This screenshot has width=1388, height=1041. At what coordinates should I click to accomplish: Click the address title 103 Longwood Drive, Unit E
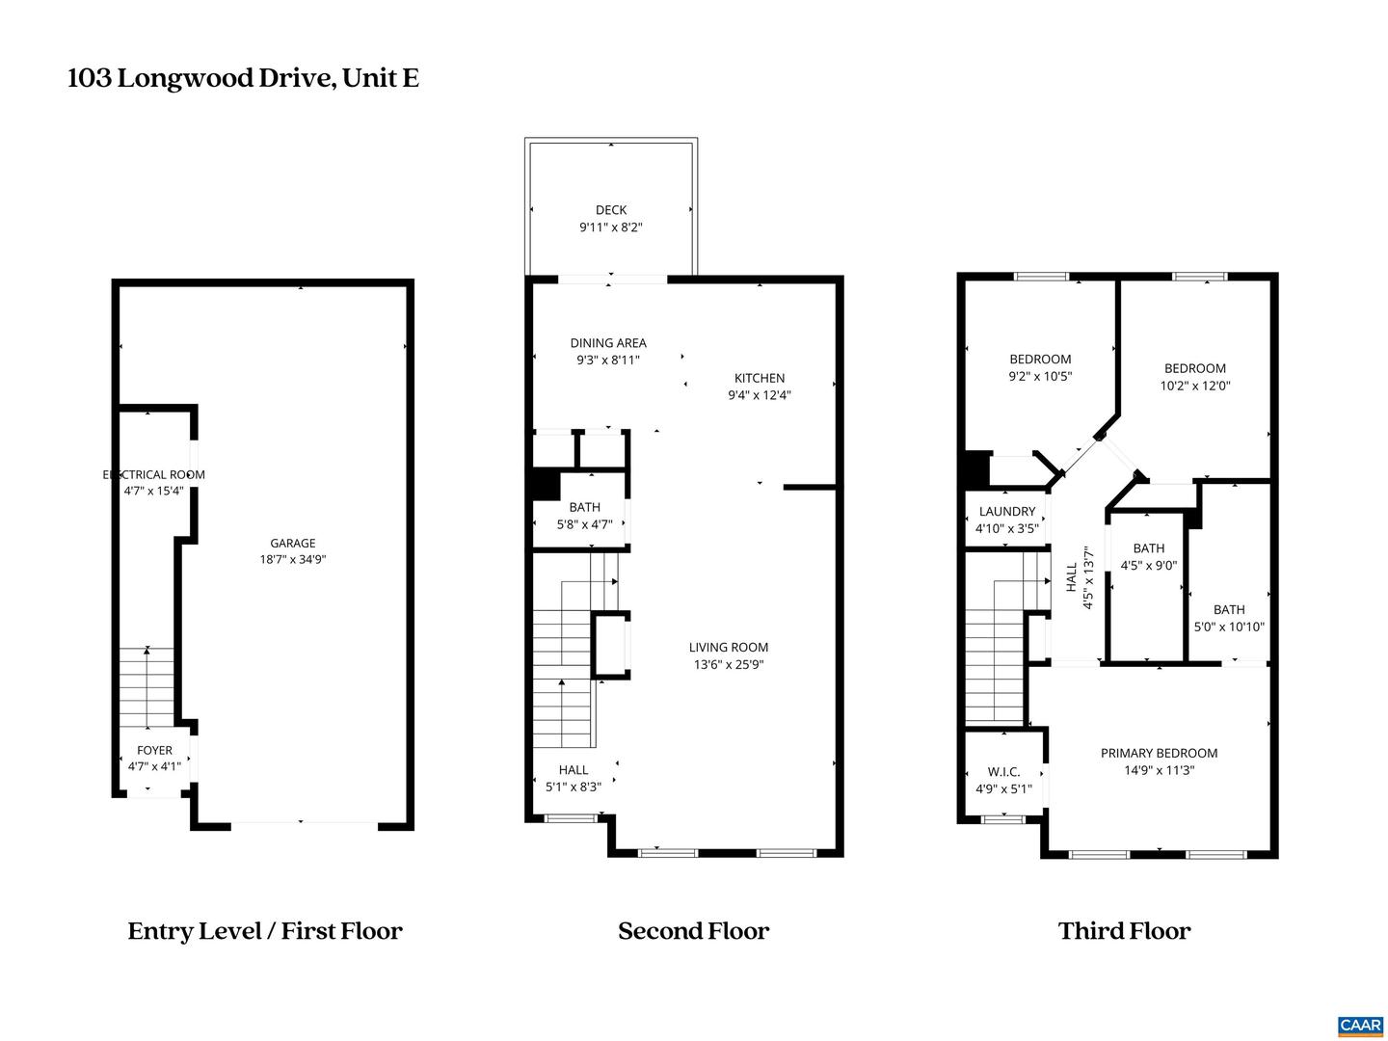[243, 78]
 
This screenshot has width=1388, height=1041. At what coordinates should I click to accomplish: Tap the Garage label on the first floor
[292, 543]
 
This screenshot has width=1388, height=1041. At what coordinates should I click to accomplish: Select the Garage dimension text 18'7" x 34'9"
[292, 559]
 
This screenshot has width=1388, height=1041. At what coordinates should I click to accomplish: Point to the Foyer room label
[154, 750]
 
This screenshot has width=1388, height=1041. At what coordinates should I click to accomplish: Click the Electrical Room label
[154, 474]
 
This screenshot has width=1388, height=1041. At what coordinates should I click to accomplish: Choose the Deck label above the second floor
[610, 210]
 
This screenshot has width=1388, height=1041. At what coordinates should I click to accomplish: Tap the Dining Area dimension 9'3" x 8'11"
[607, 360]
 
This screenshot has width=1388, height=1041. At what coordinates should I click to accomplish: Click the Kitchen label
[760, 378]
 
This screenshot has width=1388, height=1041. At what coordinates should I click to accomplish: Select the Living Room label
[728, 647]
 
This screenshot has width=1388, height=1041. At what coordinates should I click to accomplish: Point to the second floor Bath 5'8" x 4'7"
[584, 516]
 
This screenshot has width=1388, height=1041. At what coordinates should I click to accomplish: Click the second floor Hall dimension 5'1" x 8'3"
[573, 787]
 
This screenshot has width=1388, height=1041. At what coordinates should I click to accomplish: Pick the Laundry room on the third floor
[1006, 520]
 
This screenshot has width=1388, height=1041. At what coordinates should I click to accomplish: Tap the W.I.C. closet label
[1003, 780]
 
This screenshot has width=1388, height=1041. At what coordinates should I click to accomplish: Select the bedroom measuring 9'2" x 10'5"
[1040, 367]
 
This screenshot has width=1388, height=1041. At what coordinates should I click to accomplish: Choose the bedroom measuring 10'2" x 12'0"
[1194, 376]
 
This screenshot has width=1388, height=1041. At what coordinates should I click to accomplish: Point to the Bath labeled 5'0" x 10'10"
[1228, 618]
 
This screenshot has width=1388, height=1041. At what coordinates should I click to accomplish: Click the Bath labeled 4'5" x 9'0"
[1148, 557]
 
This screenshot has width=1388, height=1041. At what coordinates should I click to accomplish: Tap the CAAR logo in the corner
[1359, 1025]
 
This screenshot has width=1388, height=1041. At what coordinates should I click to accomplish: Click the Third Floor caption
[1124, 931]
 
